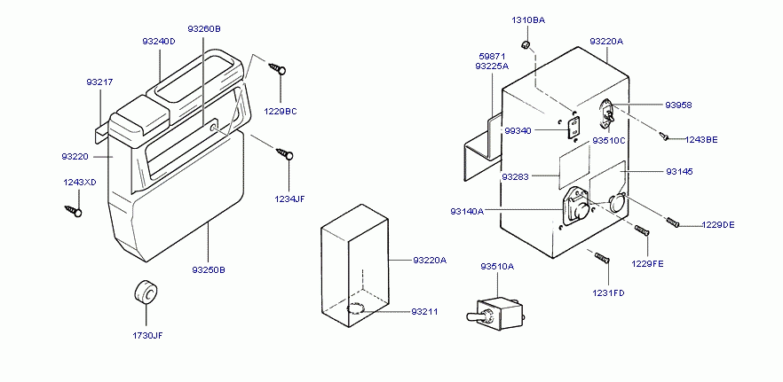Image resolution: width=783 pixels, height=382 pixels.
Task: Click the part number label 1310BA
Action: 528,19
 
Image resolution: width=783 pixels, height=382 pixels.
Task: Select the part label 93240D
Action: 159,41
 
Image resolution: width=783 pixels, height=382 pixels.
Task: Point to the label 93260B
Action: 204,28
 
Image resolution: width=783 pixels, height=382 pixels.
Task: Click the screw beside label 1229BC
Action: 278,67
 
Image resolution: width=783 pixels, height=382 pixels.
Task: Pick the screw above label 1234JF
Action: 285,155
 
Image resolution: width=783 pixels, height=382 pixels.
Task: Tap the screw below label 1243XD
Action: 72,211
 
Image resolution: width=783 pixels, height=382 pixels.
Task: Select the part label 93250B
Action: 209,269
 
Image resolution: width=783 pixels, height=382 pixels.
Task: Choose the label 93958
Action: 678,105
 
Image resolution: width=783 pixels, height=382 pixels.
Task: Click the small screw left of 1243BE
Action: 663,136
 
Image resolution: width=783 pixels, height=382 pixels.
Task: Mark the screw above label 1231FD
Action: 601,256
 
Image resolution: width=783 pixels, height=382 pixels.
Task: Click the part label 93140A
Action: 467,211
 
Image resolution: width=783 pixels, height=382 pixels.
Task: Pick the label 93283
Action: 515,176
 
